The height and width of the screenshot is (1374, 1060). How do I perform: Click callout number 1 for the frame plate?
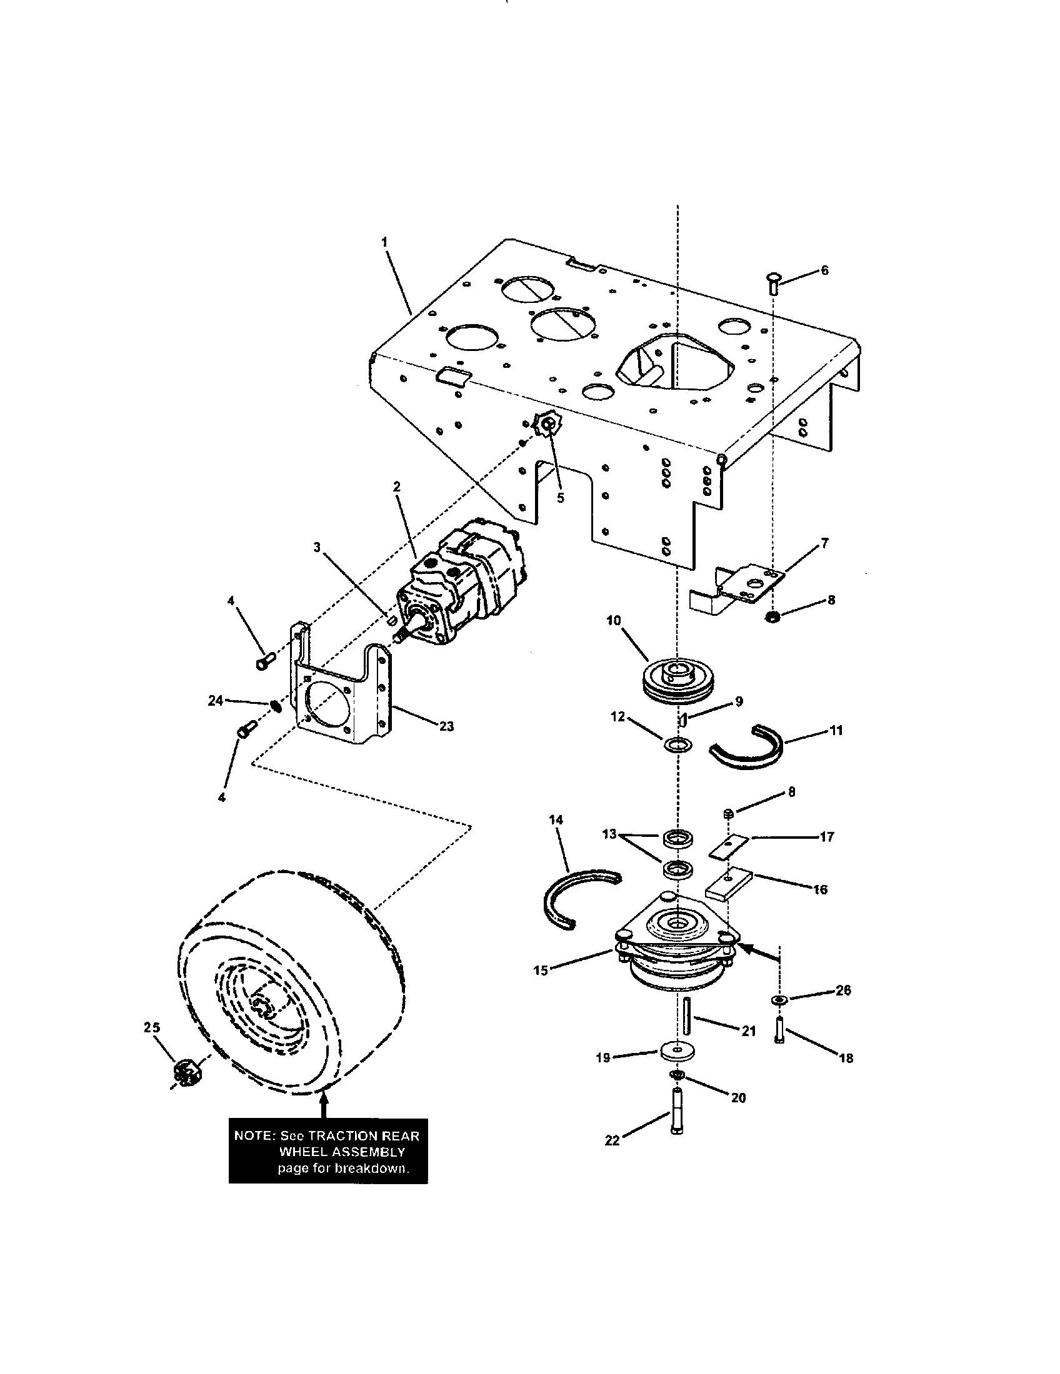coord(384,242)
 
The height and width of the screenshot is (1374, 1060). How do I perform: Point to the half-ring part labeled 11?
coord(749,748)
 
